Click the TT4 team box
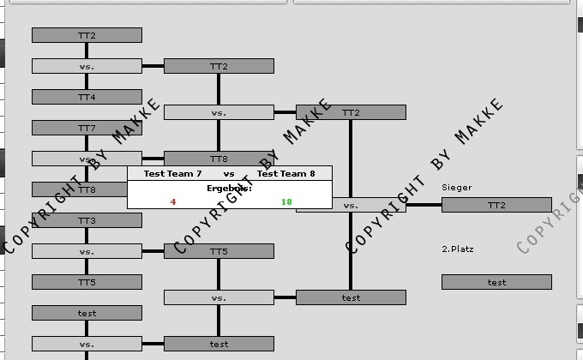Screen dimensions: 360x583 point(87,97)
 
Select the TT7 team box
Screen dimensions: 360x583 point(87,128)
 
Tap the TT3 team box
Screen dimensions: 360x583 point(87,220)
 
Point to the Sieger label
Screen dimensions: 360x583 point(456,187)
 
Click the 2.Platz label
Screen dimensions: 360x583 point(457,249)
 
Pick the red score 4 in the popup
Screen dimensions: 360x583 point(173,202)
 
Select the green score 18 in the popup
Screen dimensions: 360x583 point(286,202)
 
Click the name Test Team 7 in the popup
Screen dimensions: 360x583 point(173,173)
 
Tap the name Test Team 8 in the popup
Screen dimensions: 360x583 point(286,173)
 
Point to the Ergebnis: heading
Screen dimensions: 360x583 point(229,187)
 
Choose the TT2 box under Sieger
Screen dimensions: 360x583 point(496,205)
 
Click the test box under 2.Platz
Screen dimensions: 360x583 point(496,282)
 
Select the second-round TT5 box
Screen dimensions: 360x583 point(219,251)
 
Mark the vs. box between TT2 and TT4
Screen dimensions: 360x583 point(87,66)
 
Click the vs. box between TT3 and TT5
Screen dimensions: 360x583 point(87,251)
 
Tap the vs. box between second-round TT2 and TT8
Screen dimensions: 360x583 point(219,112)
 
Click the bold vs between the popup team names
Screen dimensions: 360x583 point(229,173)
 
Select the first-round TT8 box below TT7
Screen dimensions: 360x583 point(87,189)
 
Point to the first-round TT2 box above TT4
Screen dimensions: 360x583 point(87,35)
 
